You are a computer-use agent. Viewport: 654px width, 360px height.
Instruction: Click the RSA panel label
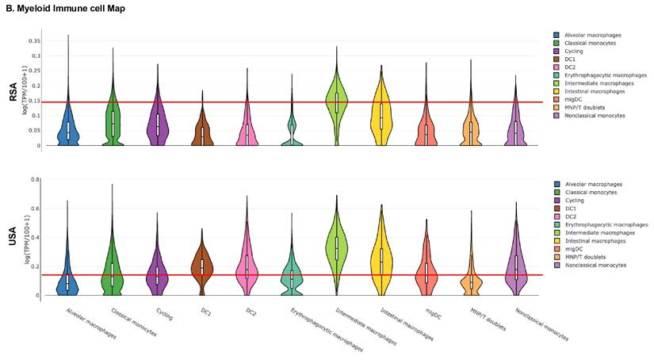click(13, 96)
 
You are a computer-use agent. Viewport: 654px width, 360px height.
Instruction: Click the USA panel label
click(13, 236)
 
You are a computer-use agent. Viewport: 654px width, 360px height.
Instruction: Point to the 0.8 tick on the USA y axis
click(35, 180)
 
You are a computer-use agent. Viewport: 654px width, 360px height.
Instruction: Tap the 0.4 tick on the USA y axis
click(35, 237)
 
